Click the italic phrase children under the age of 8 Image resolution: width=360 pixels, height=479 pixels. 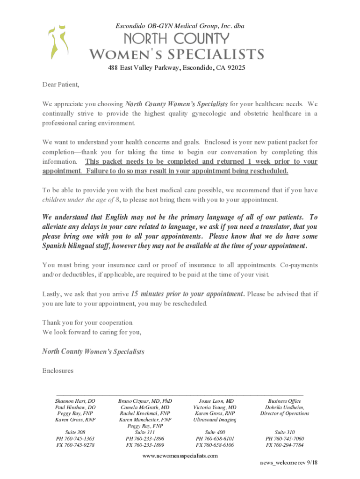point(81,200)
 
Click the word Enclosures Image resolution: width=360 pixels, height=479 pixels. point(58,370)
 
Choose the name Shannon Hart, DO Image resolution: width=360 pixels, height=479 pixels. point(75,401)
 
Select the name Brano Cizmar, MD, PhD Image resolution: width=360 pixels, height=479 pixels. point(145,401)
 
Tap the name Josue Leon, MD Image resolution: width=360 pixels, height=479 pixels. point(216,401)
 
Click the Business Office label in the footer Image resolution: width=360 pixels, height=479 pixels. point(284,401)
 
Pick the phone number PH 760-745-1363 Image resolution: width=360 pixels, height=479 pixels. point(75,439)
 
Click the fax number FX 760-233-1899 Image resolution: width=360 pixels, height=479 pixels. point(145,445)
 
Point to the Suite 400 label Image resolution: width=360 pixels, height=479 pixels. point(215,432)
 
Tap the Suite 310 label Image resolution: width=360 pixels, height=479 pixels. point(284,432)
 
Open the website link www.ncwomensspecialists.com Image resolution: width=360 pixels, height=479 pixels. point(180,455)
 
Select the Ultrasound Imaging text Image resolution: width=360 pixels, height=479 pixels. point(215,420)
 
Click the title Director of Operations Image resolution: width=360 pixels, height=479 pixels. point(284,414)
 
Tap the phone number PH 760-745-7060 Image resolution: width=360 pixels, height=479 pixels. point(284,439)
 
